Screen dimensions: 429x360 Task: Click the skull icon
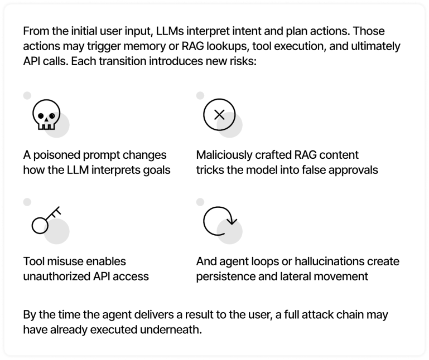click(46, 115)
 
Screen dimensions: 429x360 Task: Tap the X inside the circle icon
click(219, 115)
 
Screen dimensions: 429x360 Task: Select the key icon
click(46, 220)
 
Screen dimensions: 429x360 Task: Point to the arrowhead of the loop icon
click(232, 221)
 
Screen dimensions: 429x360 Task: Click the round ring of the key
click(40, 226)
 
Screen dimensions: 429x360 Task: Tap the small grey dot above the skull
click(27, 95)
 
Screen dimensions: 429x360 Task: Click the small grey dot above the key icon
click(27, 202)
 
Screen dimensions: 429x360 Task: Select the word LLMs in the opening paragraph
click(170, 31)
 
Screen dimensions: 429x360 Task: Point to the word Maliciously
click(224, 155)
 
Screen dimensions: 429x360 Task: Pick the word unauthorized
click(57, 276)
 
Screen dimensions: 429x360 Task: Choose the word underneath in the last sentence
click(171, 330)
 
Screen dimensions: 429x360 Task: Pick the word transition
click(122, 61)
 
